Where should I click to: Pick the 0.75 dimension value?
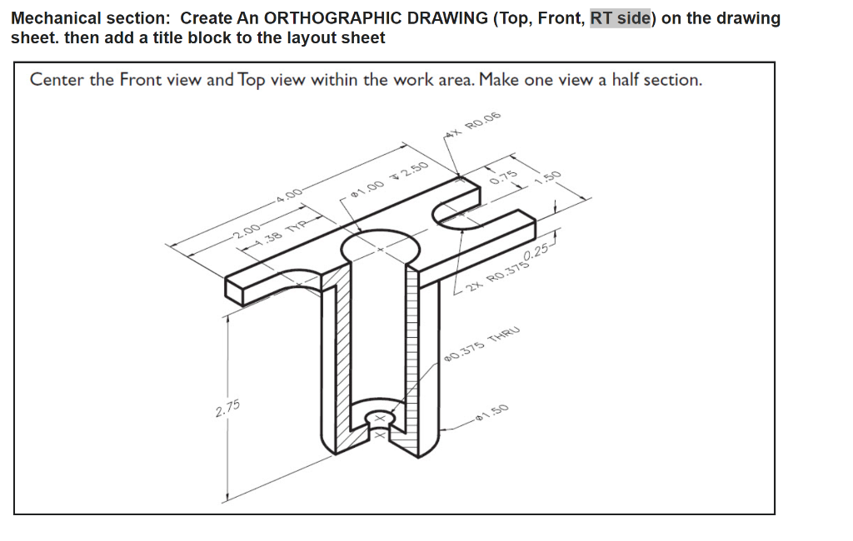click(504, 176)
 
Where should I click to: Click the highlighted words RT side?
click(621, 18)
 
